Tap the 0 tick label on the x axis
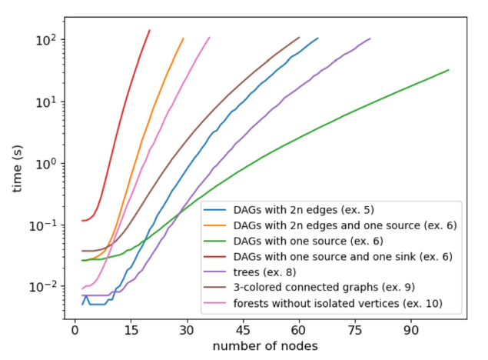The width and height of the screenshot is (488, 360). point(75,332)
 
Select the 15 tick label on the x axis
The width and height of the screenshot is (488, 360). point(131,332)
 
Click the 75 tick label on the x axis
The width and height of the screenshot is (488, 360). point(355,332)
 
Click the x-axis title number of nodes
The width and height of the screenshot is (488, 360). point(264,347)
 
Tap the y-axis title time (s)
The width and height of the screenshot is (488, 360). point(17,164)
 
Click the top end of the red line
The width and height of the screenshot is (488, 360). point(149,31)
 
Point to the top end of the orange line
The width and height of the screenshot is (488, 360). point(183,38)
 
